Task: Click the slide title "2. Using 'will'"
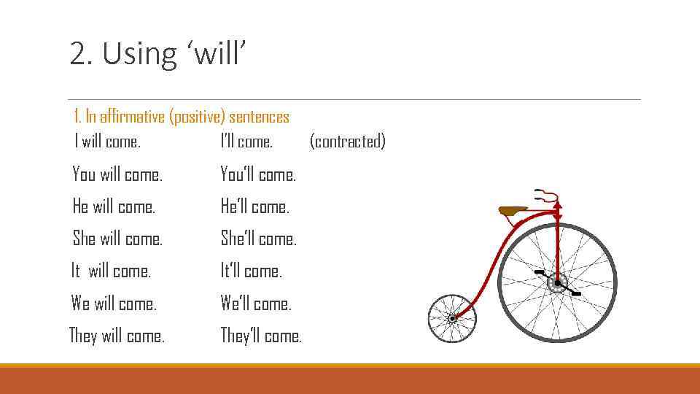click(x=158, y=54)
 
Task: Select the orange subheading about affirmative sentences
click(x=182, y=117)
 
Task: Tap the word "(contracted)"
click(x=347, y=142)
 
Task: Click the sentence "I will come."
click(x=107, y=142)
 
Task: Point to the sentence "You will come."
click(x=117, y=175)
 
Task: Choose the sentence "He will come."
click(x=114, y=207)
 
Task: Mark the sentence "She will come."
click(x=117, y=239)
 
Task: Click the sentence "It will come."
click(x=111, y=271)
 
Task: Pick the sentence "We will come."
click(x=114, y=304)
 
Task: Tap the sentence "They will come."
click(x=117, y=336)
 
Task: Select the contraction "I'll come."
click(x=246, y=142)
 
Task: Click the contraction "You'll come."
click(x=258, y=175)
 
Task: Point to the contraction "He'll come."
click(x=255, y=207)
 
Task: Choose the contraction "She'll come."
click(x=259, y=239)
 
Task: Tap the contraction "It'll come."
click(x=252, y=271)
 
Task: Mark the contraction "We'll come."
click(x=256, y=304)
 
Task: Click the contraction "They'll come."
click(x=261, y=336)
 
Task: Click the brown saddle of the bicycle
click(x=513, y=211)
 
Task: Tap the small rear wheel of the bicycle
click(x=451, y=319)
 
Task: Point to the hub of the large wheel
click(x=558, y=283)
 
